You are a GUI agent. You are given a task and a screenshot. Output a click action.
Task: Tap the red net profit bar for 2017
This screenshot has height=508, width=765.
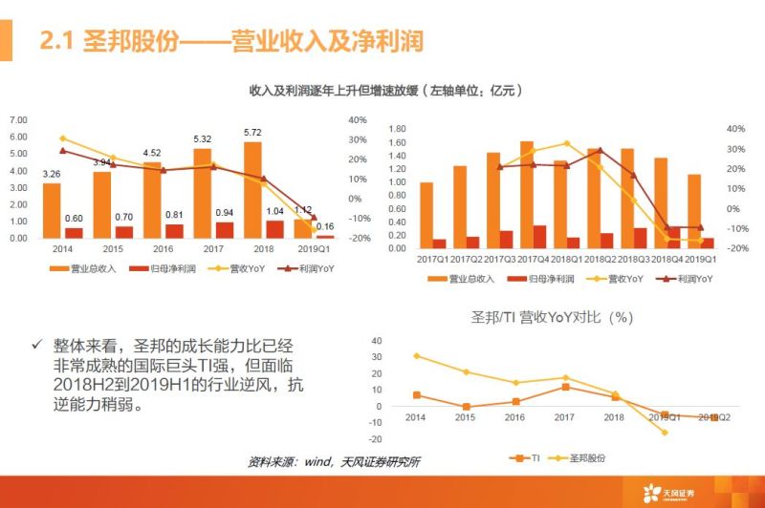point(224,229)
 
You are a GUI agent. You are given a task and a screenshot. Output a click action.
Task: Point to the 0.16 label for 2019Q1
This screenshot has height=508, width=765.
point(325,226)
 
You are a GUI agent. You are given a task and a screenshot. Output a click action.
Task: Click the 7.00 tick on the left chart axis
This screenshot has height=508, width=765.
point(18,120)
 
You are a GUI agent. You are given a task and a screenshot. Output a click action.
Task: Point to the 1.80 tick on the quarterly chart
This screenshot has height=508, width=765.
point(397,129)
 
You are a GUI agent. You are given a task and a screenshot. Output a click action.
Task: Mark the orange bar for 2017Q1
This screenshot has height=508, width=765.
point(426,215)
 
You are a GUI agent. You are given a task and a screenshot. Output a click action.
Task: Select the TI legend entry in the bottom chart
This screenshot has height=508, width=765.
point(522,458)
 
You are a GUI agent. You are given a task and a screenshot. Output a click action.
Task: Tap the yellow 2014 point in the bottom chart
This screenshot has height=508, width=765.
point(416,355)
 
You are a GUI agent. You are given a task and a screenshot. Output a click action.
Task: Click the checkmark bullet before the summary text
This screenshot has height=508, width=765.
point(36,344)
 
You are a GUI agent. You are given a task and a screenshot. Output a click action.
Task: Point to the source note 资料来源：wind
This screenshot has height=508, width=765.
point(334,462)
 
